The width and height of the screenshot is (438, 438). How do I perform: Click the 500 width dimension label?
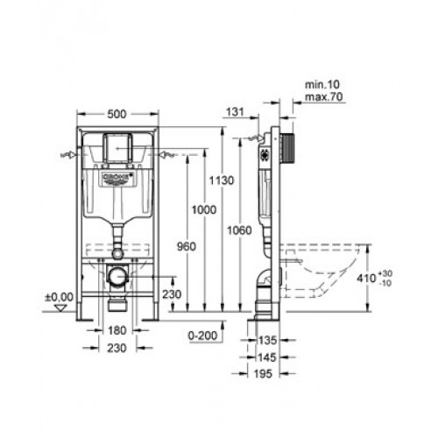click(x=117, y=114)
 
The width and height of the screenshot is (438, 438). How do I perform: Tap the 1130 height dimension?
click(x=222, y=180)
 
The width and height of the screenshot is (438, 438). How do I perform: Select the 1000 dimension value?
click(x=204, y=209)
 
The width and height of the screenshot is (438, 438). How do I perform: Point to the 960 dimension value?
click(x=187, y=247)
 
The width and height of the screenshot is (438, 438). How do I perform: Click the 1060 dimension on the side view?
click(x=239, y=230)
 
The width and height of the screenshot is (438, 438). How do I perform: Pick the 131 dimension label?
click(x=235, y=111)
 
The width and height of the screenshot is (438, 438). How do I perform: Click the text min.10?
click(x=322, y=85)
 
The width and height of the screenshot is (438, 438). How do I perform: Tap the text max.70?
click(x=324, y=96)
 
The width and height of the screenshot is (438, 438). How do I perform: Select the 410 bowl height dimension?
click(x=366, y=278)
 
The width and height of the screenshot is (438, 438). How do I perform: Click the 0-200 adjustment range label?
click(x=202, y=336)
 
